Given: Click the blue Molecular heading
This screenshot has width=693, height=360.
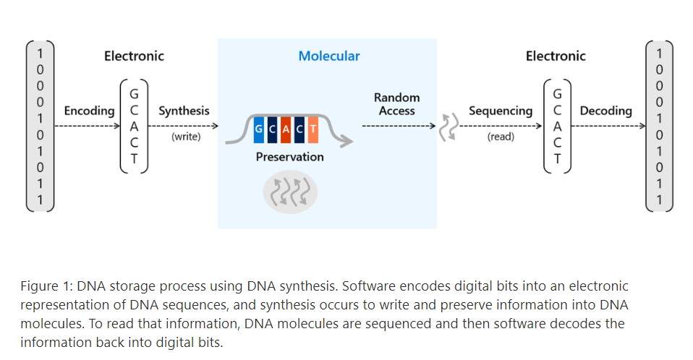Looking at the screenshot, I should coord(329,56).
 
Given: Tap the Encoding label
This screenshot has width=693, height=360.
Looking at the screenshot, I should coord(89,111).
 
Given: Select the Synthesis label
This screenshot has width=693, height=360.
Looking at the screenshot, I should coord(184,111).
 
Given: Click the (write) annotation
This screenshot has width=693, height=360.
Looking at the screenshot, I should coord(186,137).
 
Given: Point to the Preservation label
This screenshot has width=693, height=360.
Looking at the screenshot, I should coord(289,157).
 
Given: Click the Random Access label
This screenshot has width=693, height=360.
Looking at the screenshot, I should coord(396,104).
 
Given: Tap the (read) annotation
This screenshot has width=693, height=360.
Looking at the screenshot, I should coord(501,137).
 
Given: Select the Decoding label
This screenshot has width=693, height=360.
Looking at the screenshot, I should coord(605,111).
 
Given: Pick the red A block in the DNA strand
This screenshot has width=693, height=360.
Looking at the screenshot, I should coord(286,129).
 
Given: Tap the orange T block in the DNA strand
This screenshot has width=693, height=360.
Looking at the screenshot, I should coord(312,129).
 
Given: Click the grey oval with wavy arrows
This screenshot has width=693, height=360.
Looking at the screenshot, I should coord(289,192).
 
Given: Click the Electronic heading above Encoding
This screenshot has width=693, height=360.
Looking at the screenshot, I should coord(134,56).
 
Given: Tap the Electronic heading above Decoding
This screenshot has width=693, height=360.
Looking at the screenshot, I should coord(556,56).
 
